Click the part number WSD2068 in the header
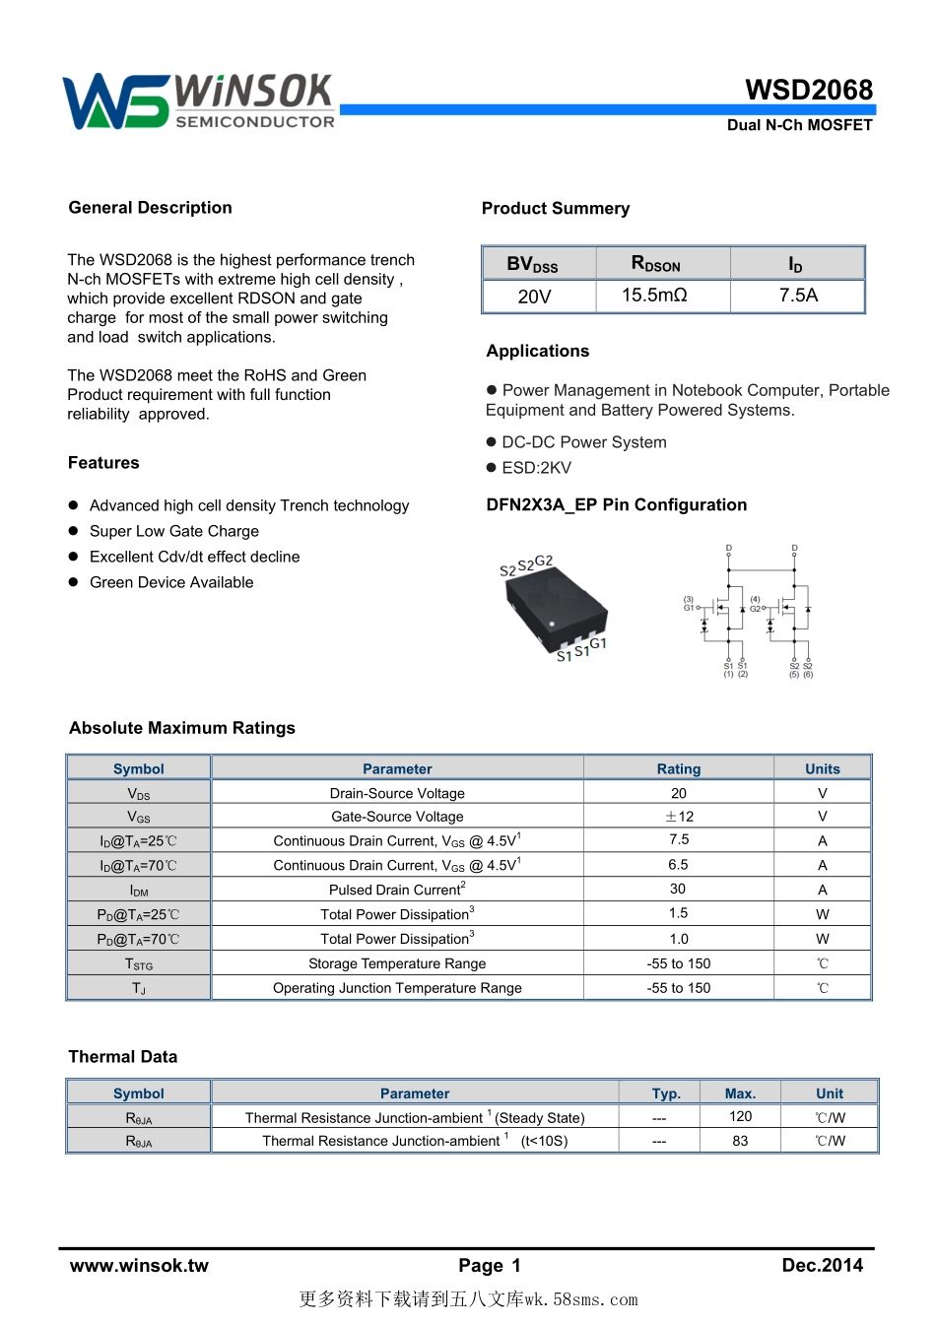(809, 90)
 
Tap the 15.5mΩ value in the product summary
(654, 296)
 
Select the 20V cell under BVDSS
(534, 297)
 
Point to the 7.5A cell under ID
(798, 296)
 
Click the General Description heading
(150, 208)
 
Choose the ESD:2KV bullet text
(536, 468)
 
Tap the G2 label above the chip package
(544, 561)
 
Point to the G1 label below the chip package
(598, 643)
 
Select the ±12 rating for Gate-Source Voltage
(679, 817)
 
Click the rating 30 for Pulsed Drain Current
(678, 889)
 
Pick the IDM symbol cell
(139, 891)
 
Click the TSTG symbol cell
(139, 964)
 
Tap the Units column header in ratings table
(823, 769)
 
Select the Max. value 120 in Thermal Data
(740, 1116)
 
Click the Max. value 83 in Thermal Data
(740, 1141)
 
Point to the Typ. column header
(666, 1093)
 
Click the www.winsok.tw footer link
(139, 1266)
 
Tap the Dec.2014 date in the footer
(822, 1266)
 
